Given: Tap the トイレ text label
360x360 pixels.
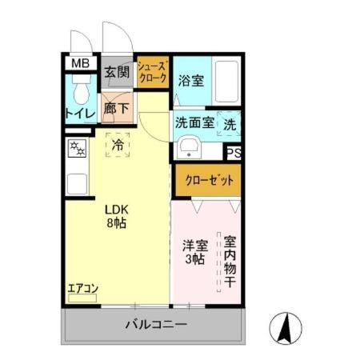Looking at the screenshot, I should pyautogui.click(x=80, y=114).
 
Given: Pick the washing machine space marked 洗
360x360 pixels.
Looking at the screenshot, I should pyautogui.click(x=229, y=125).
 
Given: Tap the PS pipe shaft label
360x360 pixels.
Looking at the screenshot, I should pyautogui.click(x=234, y=154).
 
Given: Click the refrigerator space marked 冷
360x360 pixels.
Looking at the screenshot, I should pyautogui.click(x=118, y=146).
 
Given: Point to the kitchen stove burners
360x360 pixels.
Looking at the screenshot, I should pyautogui.click(x=78, y=149).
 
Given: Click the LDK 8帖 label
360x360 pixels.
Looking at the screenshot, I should pyautogui.click(x=118, y=216).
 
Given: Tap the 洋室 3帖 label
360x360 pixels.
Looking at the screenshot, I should pyautogui.click(x=193, y=252).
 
